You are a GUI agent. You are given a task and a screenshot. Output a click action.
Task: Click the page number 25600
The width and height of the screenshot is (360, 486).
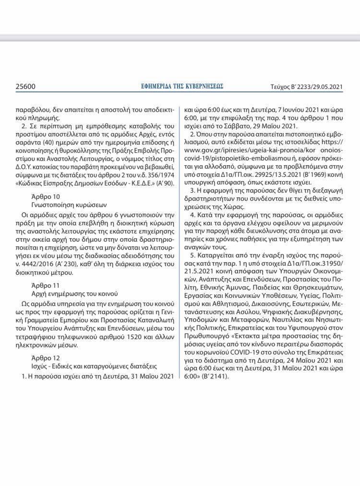(x=25, y=86)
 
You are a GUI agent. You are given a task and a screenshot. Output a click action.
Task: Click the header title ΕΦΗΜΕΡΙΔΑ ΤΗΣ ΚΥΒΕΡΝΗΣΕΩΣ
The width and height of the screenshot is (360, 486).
(x=180, y=86)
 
